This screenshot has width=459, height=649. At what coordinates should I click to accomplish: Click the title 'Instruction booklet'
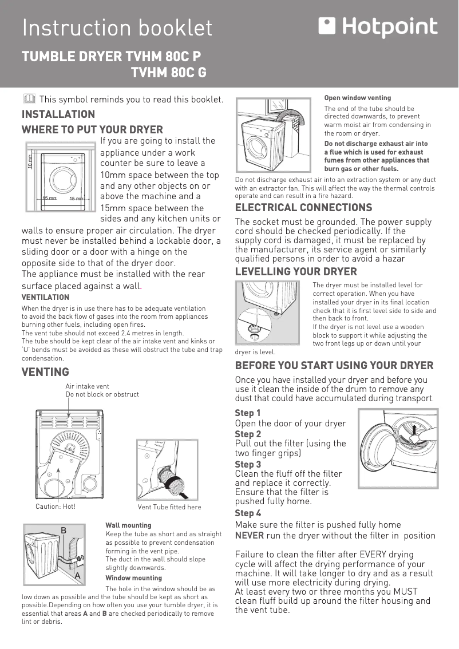(x=117, y=28)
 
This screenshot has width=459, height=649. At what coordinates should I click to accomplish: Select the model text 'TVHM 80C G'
(x=169, y=73)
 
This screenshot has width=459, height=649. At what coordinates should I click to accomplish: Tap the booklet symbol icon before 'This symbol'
(x=29, y=99)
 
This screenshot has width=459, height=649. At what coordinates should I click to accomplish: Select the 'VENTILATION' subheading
(x=45, y=297)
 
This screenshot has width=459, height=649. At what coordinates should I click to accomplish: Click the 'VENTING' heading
(x=45, y=372)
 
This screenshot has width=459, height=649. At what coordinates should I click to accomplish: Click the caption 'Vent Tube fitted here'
(x=169, y=507)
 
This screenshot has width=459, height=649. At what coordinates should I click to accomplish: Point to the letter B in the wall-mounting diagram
(x=64, y=531)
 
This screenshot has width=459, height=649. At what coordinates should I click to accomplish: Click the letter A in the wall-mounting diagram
(x=76, y=576)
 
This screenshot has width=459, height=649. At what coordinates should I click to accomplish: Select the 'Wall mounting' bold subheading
(x=128, y=525)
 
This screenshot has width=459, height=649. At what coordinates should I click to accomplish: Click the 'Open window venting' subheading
(x=358, y=98)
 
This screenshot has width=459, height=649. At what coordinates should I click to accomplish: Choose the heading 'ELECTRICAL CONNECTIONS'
(x=303, y=207)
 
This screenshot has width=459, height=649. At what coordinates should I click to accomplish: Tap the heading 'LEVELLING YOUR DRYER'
(x=296, y=271)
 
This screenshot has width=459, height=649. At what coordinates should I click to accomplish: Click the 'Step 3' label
(x=248, y=464)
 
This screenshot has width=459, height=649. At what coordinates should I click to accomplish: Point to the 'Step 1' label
(x=248, y=413)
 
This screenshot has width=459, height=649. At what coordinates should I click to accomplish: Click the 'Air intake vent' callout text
(x=87, y=386)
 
